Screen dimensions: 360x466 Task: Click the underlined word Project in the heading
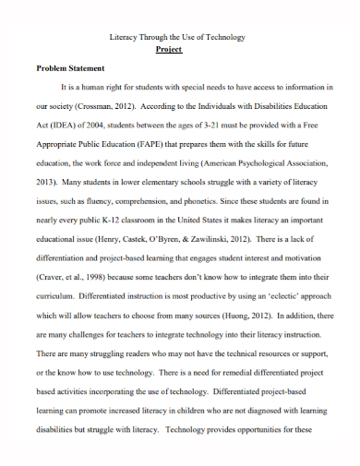(169, 50)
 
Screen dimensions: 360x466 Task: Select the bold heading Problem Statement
(69, 68)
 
